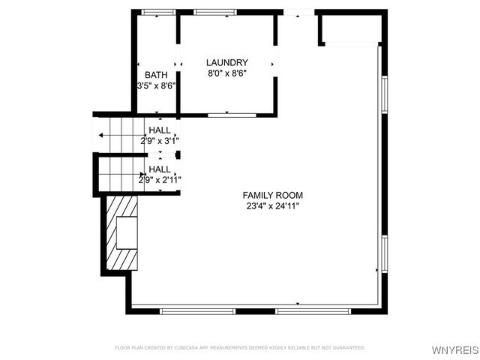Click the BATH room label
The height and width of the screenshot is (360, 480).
(156, 75)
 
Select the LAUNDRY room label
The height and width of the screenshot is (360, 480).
(227, 62)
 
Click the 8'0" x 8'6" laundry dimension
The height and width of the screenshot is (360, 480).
(227, 73)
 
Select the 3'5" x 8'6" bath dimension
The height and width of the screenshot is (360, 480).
(156, 86)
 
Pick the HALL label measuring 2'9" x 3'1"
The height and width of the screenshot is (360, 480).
(159, 130)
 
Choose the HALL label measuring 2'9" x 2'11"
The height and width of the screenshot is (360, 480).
(159, 169)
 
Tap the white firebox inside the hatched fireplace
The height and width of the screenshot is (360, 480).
(127, 232)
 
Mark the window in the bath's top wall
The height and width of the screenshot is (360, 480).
(158, 12)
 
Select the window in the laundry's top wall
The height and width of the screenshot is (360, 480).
(215, 12)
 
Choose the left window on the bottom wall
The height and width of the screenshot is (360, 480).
(192, 310)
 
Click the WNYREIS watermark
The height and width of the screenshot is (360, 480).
(453, 350)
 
